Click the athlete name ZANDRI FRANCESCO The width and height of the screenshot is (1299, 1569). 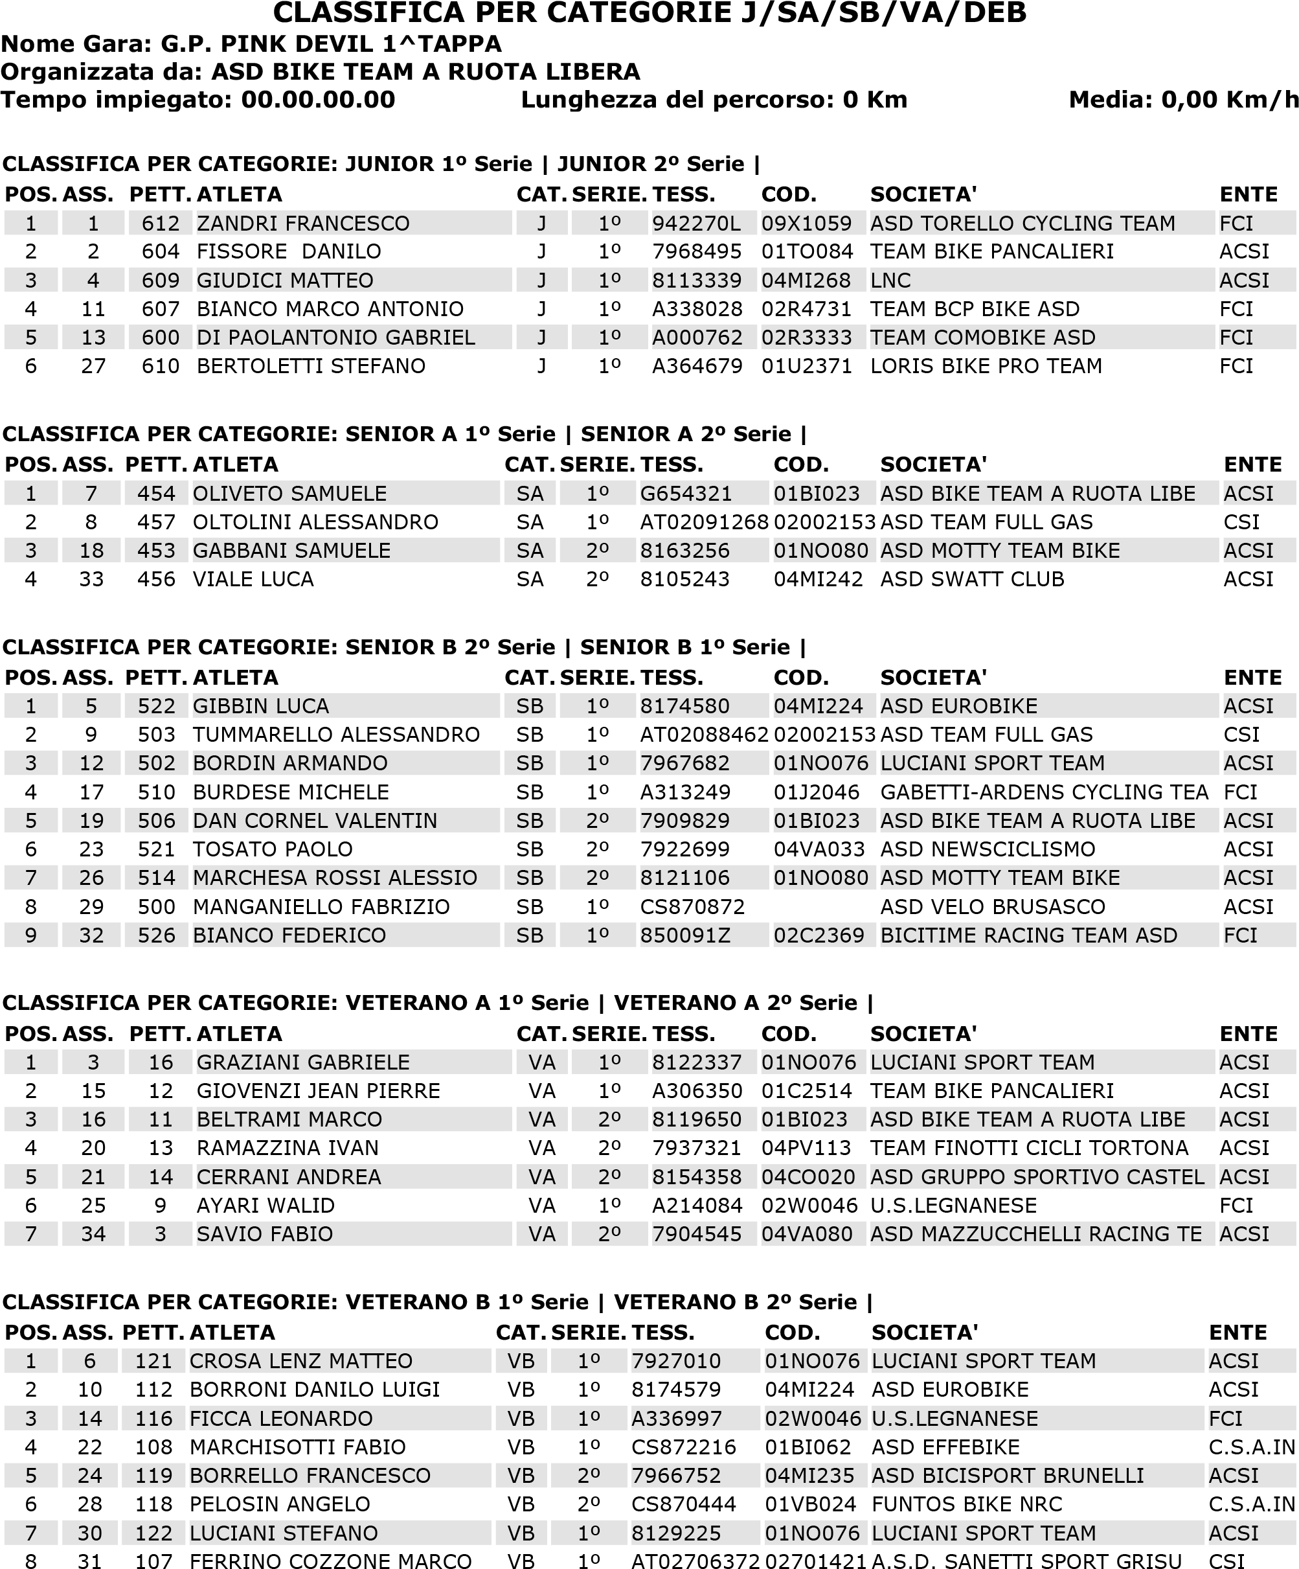302,223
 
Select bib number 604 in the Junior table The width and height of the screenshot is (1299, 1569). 161,252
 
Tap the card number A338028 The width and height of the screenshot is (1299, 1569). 697,309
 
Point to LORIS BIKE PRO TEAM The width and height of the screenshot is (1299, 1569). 986,366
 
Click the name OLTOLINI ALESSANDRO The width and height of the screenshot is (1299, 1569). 315,522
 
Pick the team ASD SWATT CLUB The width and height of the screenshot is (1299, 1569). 972,580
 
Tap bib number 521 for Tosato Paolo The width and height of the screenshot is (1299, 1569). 156,849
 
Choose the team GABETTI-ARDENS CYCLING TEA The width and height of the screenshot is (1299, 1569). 1043,792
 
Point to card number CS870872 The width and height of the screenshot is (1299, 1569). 692,907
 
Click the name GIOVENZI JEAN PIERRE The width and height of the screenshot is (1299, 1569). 318,1091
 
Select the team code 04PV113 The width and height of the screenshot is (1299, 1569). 807,1148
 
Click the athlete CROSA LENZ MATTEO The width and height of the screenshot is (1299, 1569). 300,1360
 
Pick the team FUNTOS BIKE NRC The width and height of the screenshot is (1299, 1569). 967,1504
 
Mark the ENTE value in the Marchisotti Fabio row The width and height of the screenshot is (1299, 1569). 1251,1447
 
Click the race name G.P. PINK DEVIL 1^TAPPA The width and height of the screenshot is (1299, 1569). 331,44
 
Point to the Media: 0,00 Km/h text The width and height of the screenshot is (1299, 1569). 1183,99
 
